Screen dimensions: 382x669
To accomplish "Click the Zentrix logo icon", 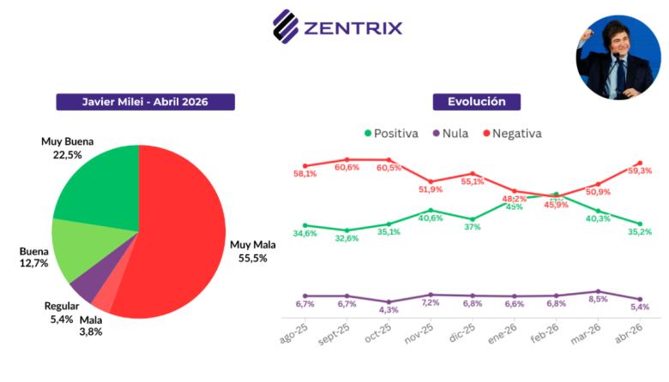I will tap(286, 26).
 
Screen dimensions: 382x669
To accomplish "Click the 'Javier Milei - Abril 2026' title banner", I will tap(145, 102).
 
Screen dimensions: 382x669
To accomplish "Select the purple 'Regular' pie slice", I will tap(87, 289).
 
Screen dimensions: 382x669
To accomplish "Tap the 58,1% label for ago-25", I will tap(304, 174).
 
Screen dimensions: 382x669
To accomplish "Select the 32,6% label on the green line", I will tap(347, 238).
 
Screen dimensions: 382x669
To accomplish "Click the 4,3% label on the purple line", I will tap(389, 309).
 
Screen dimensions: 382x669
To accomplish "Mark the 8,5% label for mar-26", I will tap(598, 299).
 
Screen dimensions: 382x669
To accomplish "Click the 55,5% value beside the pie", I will tap(253, 257).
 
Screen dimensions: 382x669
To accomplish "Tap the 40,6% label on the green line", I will tap(431, 218).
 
